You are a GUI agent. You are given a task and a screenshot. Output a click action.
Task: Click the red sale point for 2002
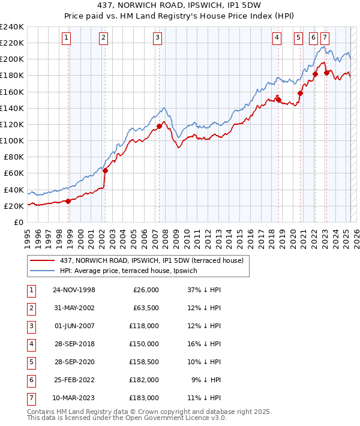(105, 170)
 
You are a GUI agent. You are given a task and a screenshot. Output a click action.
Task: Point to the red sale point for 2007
(159, 126)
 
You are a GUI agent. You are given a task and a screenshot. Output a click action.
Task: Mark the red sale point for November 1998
(68, 201)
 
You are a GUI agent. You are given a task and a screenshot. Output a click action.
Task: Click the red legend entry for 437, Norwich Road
(151, 260)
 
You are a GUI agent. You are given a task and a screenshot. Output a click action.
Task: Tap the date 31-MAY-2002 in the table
(74, 308)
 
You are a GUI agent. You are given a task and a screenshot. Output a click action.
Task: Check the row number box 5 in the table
(32, 362)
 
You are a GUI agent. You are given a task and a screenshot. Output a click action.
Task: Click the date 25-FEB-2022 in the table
(74, 380)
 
